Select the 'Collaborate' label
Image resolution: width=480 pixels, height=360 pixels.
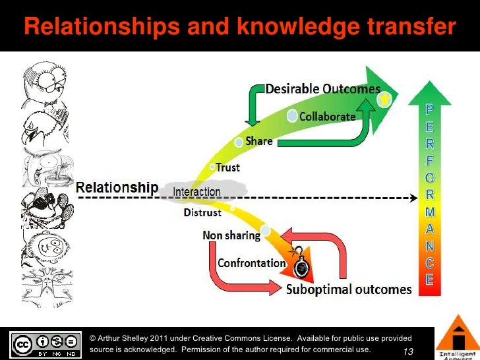point(328,116)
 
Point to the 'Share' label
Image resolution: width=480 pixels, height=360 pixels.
point(259,141)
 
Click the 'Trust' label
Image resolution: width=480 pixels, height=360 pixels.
point(228,167)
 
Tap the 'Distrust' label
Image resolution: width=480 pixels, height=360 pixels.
point(202,213)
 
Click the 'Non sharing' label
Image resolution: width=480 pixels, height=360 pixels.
point(229,235)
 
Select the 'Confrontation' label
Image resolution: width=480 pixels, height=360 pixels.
point(252,263)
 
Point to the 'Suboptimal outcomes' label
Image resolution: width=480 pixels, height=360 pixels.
point(349,289)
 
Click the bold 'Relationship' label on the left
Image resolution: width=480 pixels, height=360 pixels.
point(117,187)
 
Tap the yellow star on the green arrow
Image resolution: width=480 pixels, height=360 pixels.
point(384,100)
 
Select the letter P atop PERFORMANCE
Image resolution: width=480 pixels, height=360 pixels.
point(429,108)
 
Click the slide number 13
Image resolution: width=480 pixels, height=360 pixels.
point(407,352)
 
